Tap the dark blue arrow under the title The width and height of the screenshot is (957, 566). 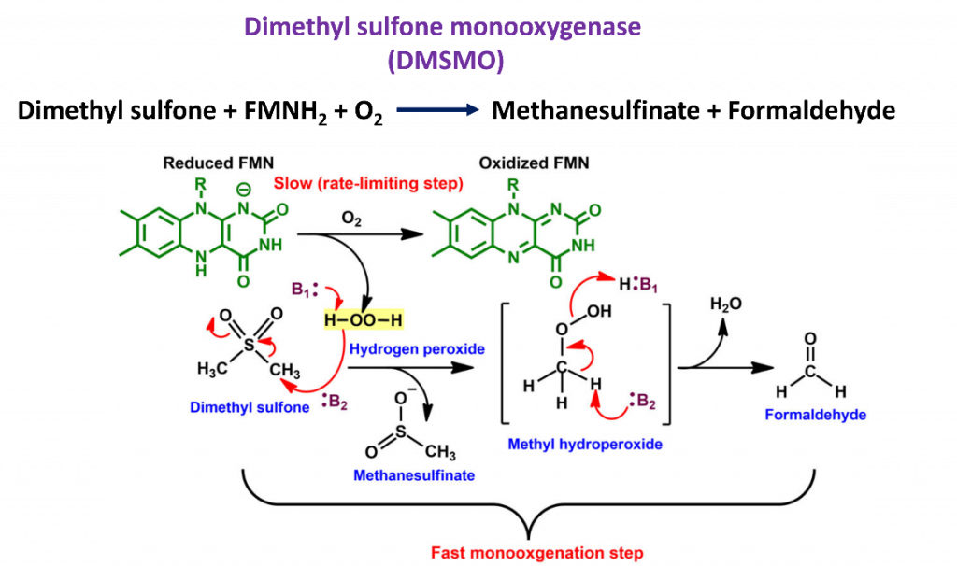437,110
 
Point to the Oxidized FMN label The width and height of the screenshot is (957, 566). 534,163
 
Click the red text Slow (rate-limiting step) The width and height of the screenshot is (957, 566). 368,184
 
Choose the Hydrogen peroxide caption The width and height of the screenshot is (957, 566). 404,349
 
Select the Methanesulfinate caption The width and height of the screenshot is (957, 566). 414,475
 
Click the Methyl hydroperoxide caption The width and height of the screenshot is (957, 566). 585,445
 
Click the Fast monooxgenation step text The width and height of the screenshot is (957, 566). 537,553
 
